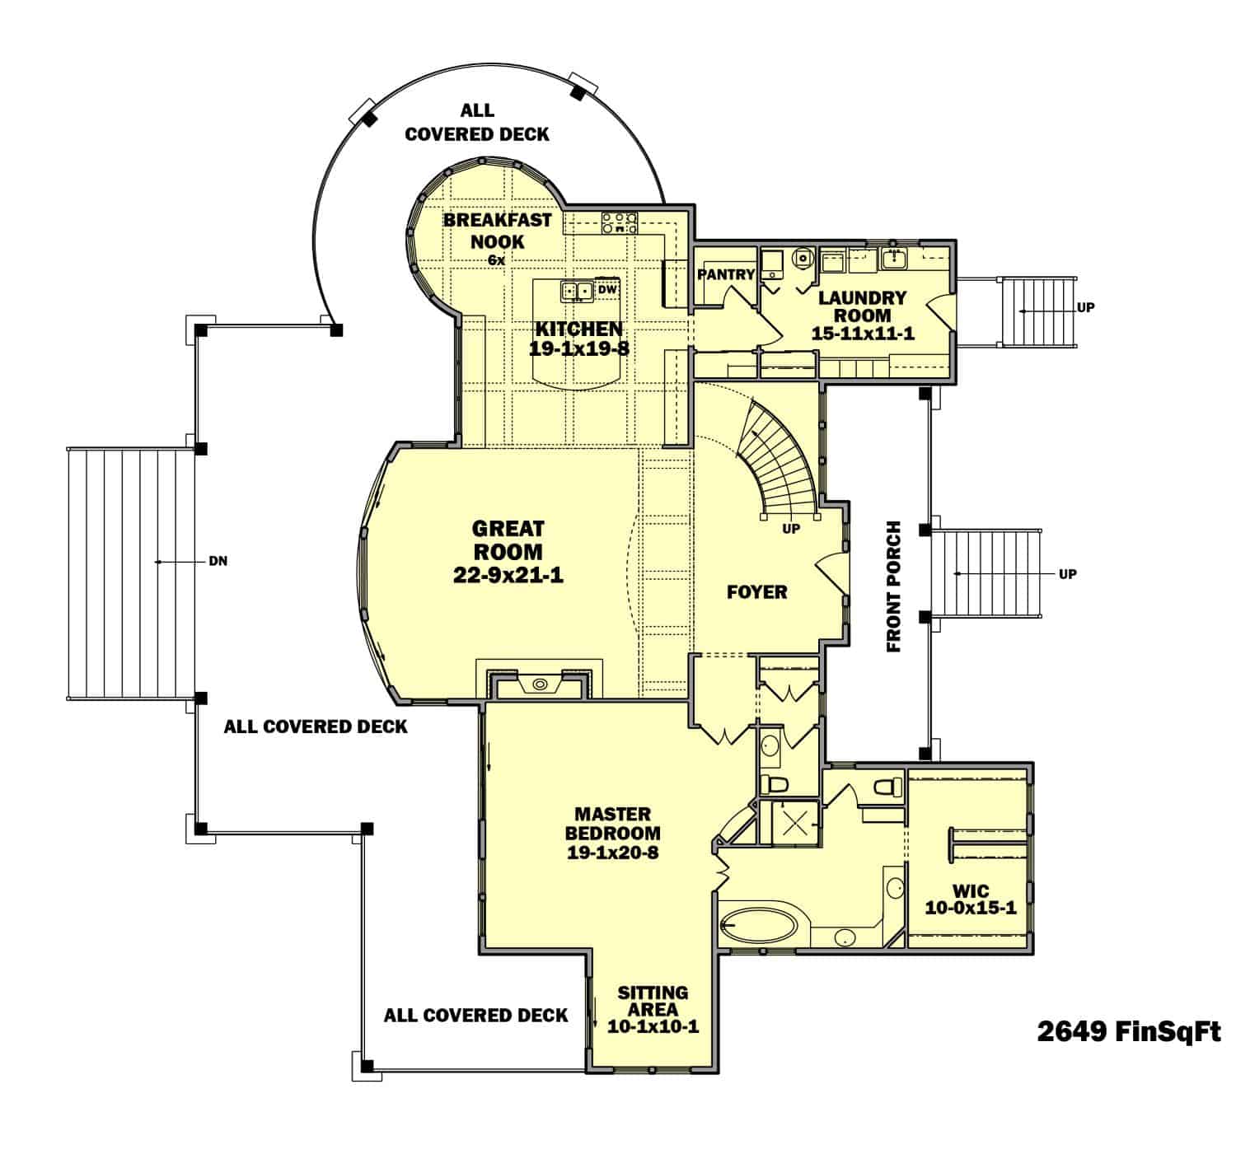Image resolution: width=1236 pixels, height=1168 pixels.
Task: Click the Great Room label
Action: (508, 540)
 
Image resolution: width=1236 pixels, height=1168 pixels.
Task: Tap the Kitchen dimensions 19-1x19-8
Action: (579, 348)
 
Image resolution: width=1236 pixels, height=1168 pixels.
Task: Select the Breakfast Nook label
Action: (497, 231)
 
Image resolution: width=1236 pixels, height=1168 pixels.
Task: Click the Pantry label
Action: (726, 274)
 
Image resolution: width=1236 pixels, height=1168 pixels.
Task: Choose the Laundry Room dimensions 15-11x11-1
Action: (862, 334)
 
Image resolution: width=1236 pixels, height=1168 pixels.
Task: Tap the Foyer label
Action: (756, 591)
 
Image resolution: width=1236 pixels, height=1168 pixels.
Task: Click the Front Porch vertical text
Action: (894, 586)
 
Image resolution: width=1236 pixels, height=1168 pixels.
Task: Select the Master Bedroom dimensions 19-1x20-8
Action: (612, 853)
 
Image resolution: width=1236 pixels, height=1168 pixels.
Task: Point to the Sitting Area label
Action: (653, 1001)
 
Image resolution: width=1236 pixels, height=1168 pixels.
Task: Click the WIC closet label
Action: (970, 892)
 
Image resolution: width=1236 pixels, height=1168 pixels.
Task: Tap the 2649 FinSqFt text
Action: (1128, 1031)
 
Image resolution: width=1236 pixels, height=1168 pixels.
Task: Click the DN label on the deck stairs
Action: (218, 562)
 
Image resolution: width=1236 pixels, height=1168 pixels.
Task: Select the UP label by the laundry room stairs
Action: (1085, 307)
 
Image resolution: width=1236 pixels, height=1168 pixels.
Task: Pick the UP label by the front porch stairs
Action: (1067, 574)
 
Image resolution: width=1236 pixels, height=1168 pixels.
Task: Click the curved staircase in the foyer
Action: (779, 461)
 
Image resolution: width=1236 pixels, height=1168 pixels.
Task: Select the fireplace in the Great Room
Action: (540, 684)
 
